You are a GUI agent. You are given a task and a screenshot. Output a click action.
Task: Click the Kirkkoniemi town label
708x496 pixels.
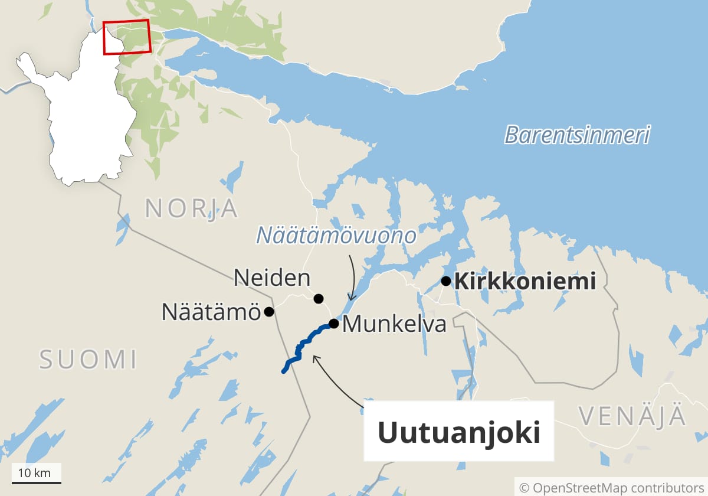[525, 282]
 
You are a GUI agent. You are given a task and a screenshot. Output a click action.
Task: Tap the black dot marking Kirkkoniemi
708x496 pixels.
[446, 281]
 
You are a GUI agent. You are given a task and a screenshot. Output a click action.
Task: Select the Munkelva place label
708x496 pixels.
[394, 324]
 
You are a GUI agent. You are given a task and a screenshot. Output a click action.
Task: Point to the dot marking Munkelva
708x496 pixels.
[333, 324]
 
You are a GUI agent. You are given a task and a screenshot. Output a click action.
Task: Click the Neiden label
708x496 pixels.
[271, 278]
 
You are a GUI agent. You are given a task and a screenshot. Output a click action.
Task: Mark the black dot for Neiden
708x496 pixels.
[319, 298]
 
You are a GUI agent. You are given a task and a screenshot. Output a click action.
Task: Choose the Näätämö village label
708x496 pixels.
[211, 312]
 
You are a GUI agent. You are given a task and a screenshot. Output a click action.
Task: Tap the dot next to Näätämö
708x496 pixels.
[269, 311]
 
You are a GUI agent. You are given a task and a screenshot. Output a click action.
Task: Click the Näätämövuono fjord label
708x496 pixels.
[336, 236]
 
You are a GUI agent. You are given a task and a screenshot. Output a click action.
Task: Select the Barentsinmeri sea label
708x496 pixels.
[577, 135]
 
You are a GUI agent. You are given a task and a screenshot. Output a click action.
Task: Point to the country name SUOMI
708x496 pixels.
[88, 360]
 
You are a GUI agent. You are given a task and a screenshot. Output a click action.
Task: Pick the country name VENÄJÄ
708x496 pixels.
[632, 416]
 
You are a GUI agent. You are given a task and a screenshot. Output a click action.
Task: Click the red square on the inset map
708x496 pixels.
[127, 37]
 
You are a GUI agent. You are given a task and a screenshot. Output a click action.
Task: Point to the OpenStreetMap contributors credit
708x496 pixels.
[612, 488]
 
